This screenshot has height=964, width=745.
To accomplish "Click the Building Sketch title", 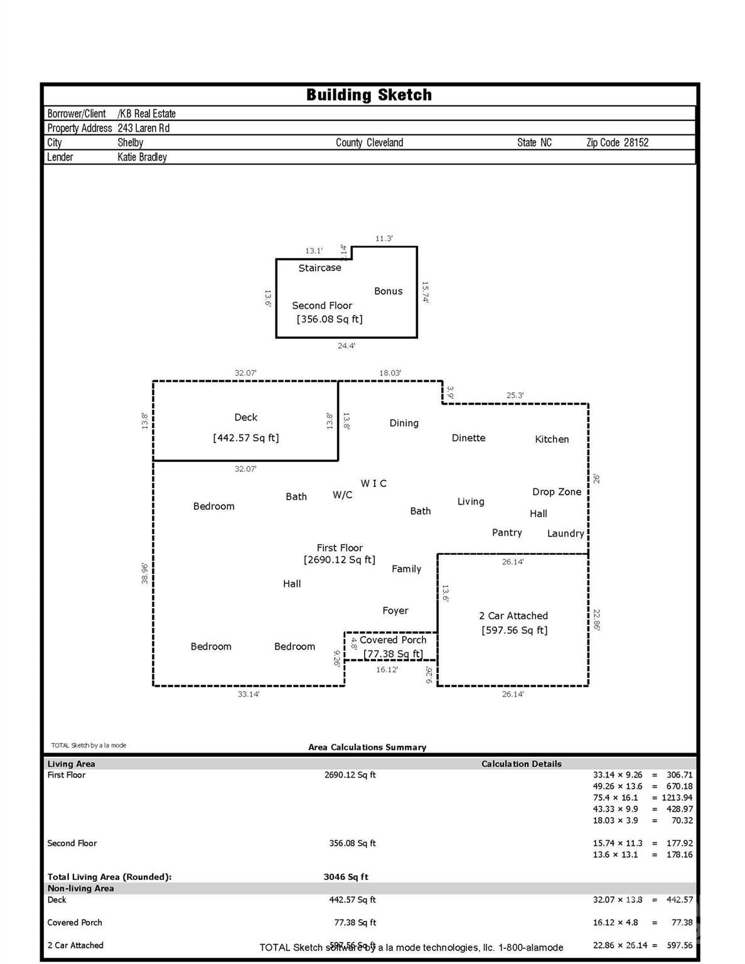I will [x=369, y=95].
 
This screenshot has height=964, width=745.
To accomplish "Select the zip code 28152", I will [x=635, y=142].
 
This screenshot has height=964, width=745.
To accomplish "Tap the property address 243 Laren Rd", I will [x=143, y=128].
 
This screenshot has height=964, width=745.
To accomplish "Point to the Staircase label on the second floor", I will [x=319, y=268].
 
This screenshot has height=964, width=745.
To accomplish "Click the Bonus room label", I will [x=388, y=291].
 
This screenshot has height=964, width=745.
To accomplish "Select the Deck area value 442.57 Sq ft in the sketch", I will [x=246, y=438].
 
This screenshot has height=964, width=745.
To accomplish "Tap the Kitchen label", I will [x=552, y=439].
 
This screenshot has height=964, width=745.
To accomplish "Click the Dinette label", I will [x=468, y=438].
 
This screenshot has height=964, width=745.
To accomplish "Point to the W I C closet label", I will [x=373, y=483].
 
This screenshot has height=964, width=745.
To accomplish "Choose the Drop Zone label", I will [x=557, y=492].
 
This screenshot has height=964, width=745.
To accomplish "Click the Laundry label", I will [x=565, y=533].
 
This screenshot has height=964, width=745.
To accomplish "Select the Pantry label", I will [x=506, y=533].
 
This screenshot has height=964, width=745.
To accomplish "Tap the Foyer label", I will [x=395, y=611].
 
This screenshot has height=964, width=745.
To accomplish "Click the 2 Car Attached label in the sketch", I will [x=513, y=616].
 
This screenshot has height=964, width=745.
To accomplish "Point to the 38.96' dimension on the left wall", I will [x=145, y=573].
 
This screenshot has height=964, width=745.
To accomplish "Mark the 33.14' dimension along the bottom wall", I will [x=249, y=694].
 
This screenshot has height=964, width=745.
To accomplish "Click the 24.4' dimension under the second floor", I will [x=346, y=346].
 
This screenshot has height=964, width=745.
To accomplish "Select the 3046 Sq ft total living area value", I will [x=346, y=877].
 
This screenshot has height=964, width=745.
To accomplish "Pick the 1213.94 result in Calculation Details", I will [x=677, y=798].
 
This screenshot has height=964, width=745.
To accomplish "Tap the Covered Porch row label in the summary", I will [x=75, y=923].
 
